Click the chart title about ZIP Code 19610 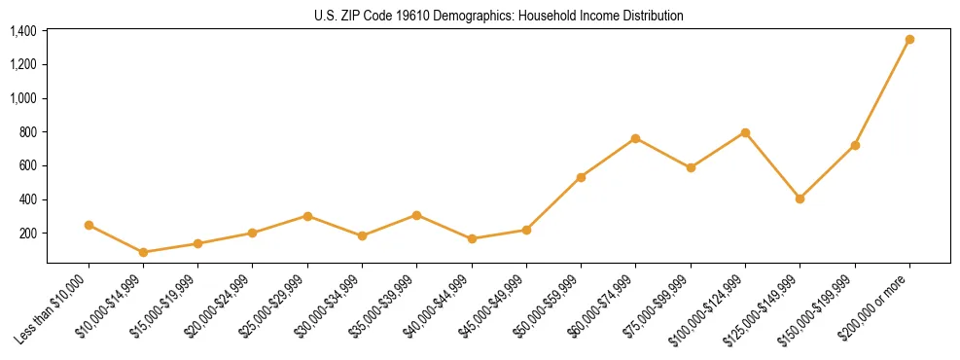499,16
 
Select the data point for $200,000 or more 909,40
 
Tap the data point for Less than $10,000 89,225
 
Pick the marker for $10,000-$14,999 144,252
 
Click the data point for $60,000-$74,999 635,138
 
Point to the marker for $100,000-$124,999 745,132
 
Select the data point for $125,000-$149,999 800,198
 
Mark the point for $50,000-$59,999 581,177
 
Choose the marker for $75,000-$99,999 691,167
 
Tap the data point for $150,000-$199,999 855,145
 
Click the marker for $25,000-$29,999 307,216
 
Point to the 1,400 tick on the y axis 23,31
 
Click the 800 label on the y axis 27,132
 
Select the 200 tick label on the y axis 27,234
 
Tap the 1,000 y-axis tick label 23,98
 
